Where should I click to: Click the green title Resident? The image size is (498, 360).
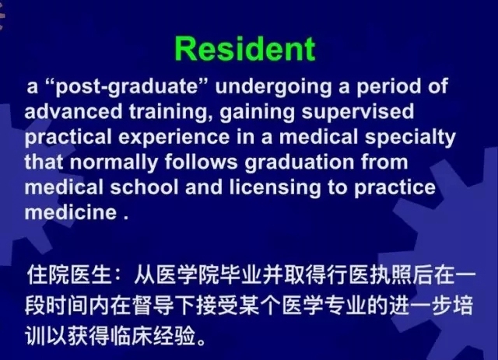coord(245,48)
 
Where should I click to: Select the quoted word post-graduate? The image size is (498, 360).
coord(126,86)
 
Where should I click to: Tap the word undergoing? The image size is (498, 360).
coord(273,87)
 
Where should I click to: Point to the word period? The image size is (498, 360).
coord(389,87)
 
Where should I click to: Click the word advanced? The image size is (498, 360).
coord(73,111)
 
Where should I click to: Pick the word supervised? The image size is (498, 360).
coord(358,113)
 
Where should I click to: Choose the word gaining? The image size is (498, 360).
coord(257,113)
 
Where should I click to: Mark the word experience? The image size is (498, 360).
coord(174,138)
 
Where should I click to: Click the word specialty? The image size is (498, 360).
coord(410,138)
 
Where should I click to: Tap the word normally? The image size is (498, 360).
coord(114,163)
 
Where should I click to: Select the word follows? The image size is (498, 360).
coord(201,162)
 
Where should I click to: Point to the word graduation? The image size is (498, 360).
coord(299,163)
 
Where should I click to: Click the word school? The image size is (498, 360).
coord(144,187)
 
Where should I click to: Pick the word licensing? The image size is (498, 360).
coord(275,187)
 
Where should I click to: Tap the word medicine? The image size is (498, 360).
coord(71,212)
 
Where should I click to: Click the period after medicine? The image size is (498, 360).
coord(126,218)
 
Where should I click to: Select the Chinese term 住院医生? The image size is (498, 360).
coord(69,274)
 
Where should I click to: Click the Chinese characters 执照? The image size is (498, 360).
coord(391,274)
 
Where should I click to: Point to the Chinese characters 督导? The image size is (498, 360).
coord(153,306)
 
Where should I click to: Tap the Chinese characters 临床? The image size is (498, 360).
coord(132,336)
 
